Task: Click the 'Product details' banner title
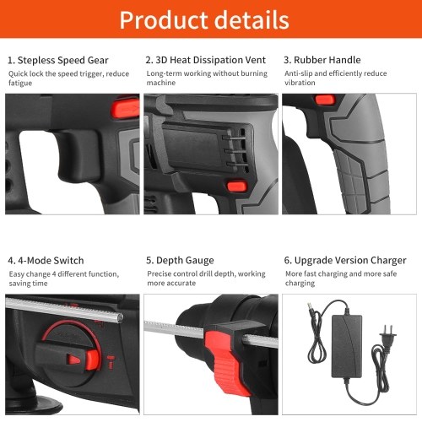pyautogui.click(x=204, y=19)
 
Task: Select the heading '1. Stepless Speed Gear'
pyautogui.click(x=58, y=60)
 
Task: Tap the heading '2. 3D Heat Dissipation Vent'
pyautogui.click(x=205, y=60)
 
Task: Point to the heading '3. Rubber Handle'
pyautogui.click(x=322, y=60)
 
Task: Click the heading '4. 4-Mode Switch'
pyautogui.click(x=46, y=260)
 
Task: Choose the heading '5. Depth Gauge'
pyautogui.click(x=180, y=260)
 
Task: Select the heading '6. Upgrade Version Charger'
pyautogui.click(x=345, y=260)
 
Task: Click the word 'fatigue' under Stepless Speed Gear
pyautogui.click(x=20, y=83)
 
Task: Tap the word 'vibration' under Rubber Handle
pyautogui.click(x=300, y=83)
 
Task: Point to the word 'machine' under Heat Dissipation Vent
pyautogui.click(x=161, y=83)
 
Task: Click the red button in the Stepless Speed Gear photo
pyautogui.click(x=126, y=108)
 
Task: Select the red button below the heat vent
pyautogui.click(x=237, y=186)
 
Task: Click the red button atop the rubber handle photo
pyautogui.click(x=325, y=100)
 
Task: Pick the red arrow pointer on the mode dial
pyautogui.click(x=73, y=360)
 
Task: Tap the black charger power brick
pyautogui.click(x=347, y=346)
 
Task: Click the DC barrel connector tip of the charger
pyautogui.click(x=310, y=306)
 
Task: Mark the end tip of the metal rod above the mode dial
pyautogui.click(x=121, y=317)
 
